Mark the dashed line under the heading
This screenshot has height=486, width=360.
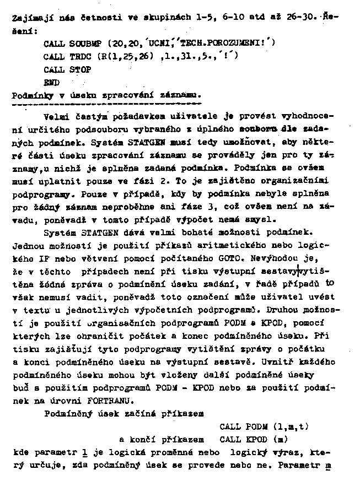tap(107, 104)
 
